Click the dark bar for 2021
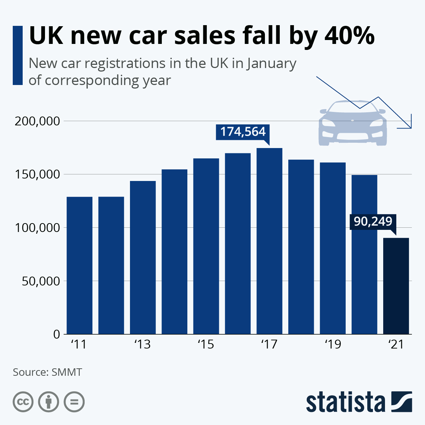click(396, 286)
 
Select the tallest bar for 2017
click(270, 241)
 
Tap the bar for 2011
click(79, 265)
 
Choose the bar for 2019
click(333, 248)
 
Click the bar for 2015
click(206, 246)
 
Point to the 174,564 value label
click(243, 132)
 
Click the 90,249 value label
click(373, 221)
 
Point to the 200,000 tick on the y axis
click(37, 121)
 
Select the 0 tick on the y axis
click(57, 334)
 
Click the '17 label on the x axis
click(269, 344)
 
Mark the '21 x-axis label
click(396, 344)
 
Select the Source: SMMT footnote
click(47, 372)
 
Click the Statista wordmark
click(346, 402)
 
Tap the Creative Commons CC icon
click(23, 402)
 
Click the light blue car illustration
click(352, 124)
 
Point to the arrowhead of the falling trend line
click(410, 126)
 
